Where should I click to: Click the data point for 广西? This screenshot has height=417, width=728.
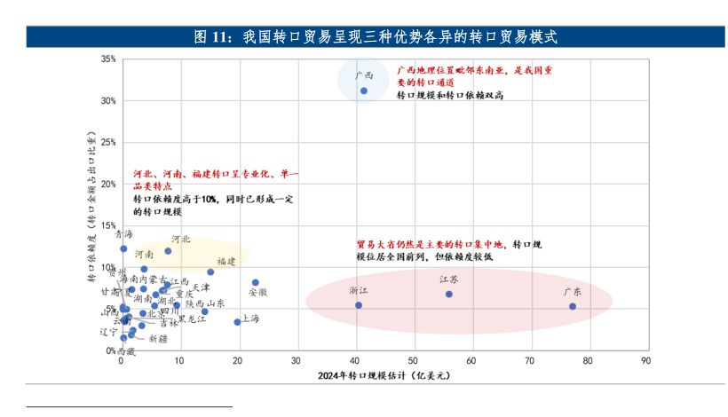tap(364, 90)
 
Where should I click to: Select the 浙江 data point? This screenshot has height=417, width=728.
tap(359, 305)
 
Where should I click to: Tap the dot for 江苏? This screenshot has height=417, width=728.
tap(449, 294)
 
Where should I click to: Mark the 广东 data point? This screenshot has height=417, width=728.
tap(573, 306)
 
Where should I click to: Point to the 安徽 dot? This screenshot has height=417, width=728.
tap(256, 282)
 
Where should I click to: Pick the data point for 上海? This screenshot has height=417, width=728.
tap(237, 321)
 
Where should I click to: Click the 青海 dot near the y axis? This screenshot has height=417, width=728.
tap(123, 248)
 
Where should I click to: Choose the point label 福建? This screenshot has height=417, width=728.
tap(226, 261)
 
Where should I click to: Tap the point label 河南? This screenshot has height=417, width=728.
tap(143, 254)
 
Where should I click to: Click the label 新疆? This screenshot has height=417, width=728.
tap(157, 339)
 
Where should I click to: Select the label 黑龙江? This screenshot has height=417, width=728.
tap(192, 319)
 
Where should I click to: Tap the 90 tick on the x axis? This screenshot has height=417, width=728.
tap(645, 361)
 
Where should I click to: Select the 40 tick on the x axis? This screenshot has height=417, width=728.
tap(354, 361)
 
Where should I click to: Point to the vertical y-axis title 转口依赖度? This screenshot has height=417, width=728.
tap(92, 208)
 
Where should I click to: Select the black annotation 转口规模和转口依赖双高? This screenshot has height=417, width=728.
tap(450, 95)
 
